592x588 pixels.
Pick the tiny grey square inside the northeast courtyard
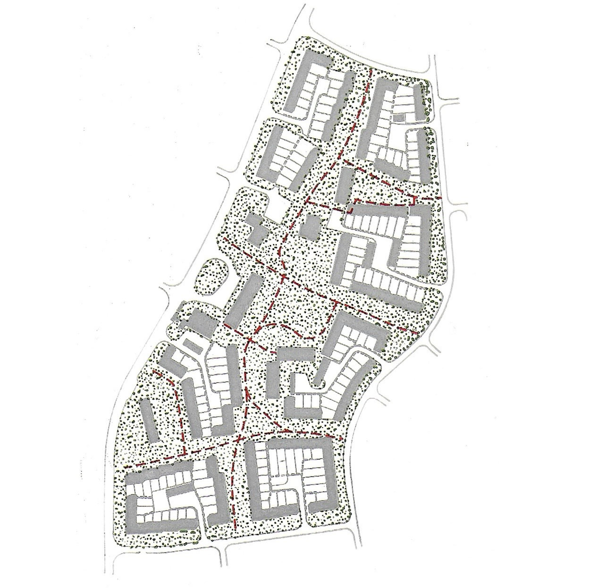pos(399,118)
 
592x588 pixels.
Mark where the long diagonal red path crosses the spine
pos(285,275)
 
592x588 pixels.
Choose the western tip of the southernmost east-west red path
pos(126,467)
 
